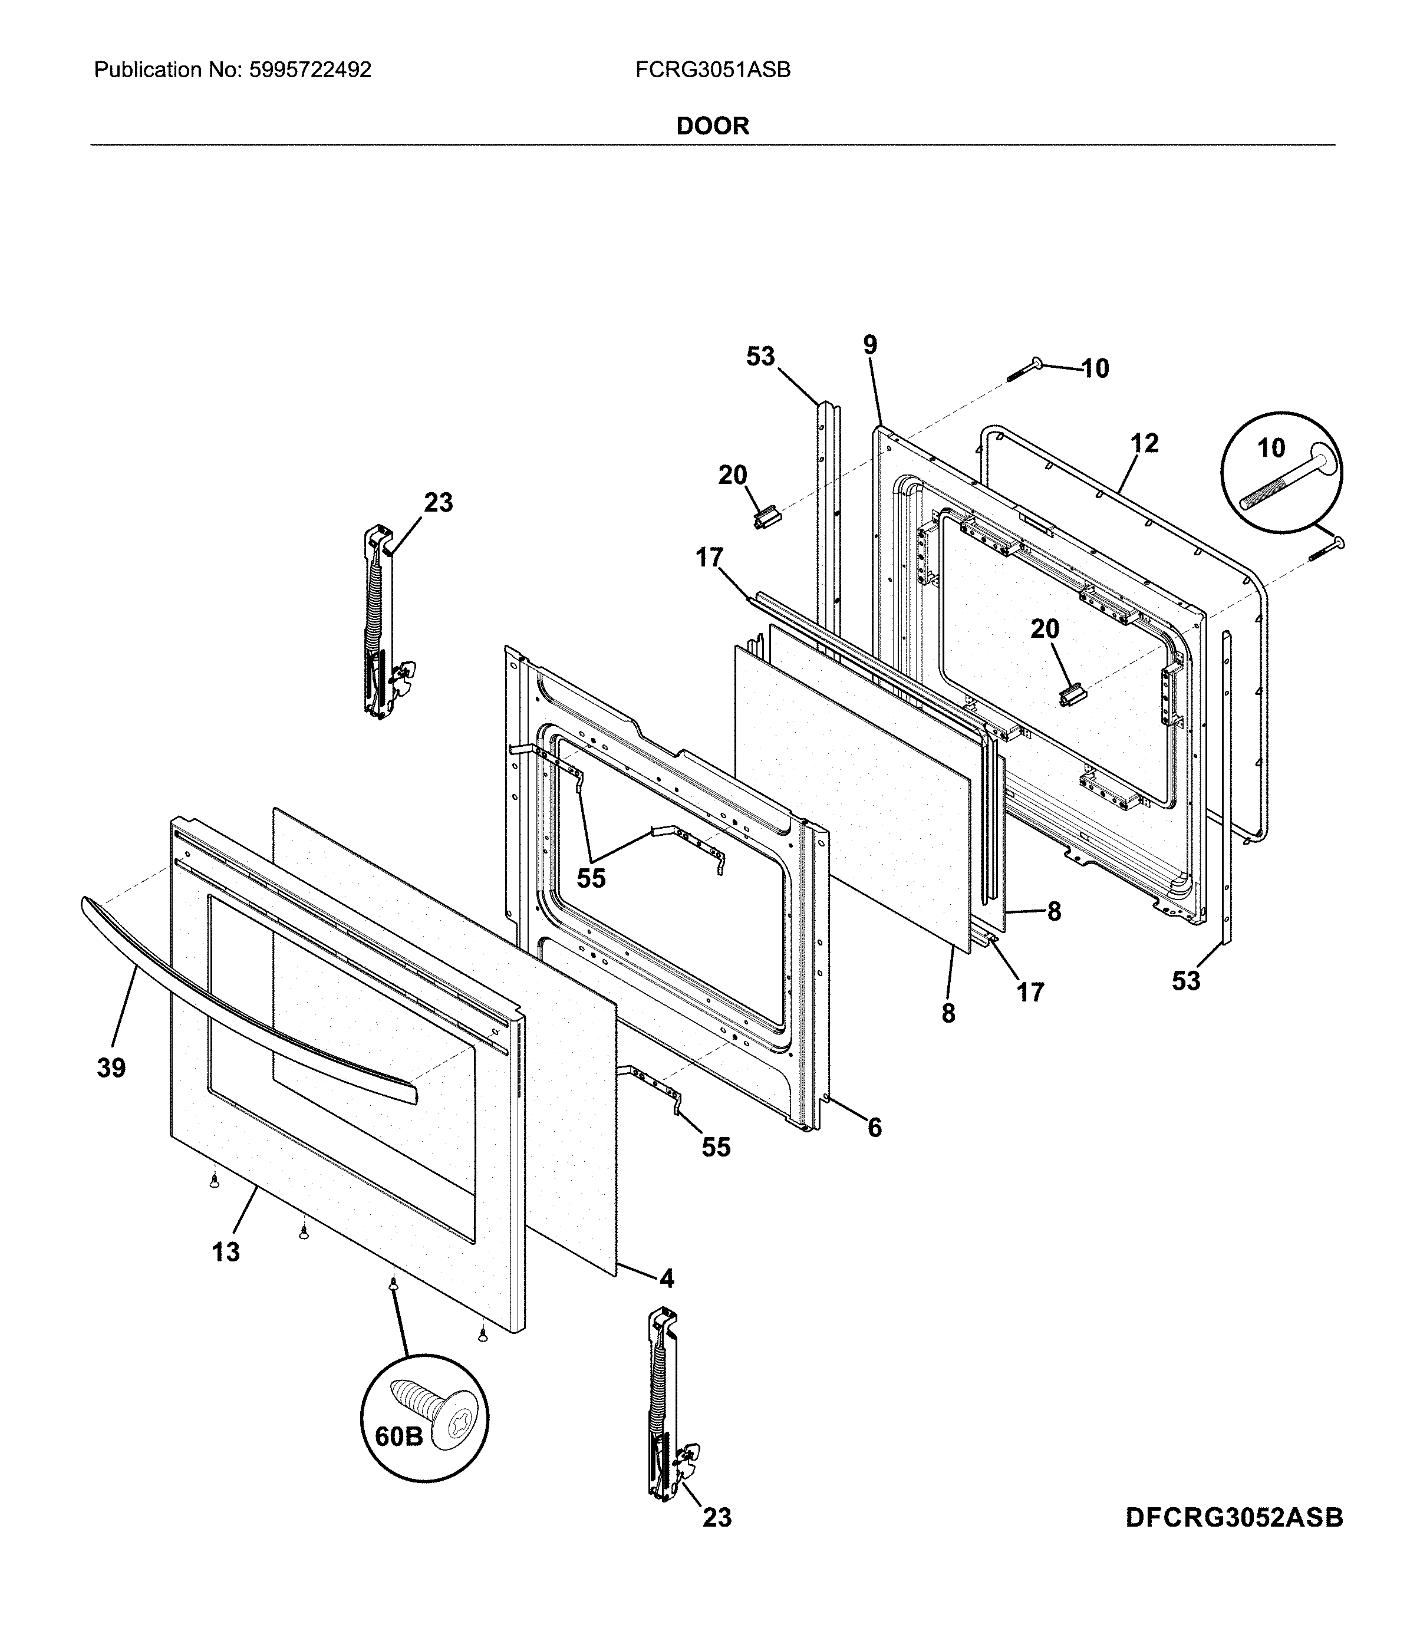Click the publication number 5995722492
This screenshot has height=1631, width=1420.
(x=310, y=71)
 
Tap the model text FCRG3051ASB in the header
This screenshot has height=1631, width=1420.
(x=713, y=71)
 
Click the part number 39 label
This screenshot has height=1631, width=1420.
(x=112, y=1068)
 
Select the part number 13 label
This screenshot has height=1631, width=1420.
(x=226, y=1251)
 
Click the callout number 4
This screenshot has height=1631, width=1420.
(x=667, y=1279)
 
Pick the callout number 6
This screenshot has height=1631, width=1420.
(x=874, y=1128)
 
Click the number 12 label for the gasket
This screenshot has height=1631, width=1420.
(x=1144, y=443)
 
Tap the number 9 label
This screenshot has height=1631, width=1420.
(x=870, y=345)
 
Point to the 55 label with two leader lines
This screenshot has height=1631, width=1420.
(x=591, y=878)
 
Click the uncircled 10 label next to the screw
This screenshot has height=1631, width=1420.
(x=1095, y=368)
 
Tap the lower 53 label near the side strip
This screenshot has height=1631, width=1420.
(x=1186, y=981)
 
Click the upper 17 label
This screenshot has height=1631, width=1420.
(x=710, y=559)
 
